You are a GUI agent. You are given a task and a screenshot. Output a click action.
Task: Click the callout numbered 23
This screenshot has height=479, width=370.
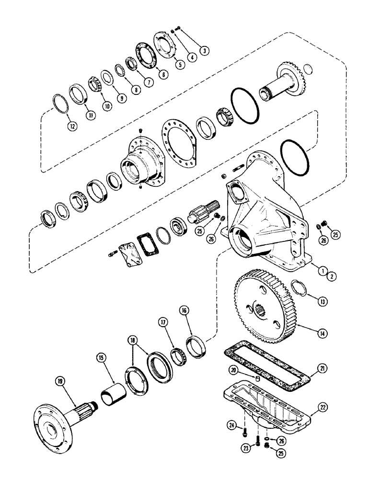247,449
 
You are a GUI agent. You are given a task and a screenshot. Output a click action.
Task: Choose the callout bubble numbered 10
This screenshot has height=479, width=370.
107,107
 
